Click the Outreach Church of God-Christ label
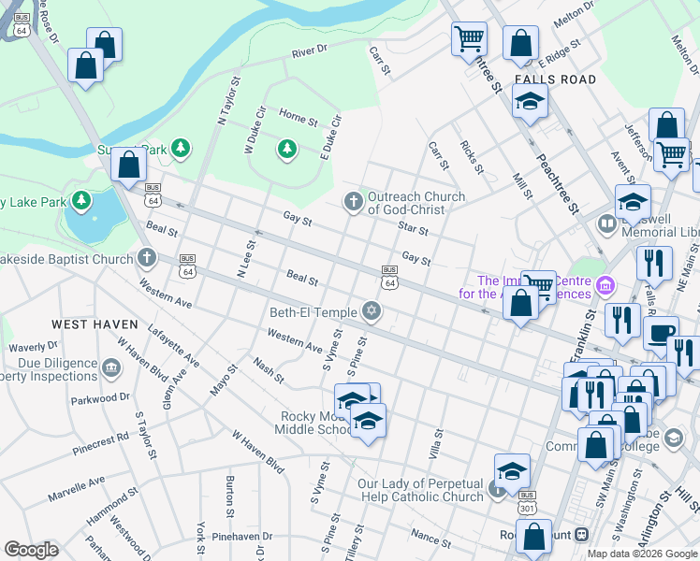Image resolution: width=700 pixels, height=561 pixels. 416,203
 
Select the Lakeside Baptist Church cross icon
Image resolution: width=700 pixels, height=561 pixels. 146,258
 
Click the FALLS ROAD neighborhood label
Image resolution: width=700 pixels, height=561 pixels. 555,79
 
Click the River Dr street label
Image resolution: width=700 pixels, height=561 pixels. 310,50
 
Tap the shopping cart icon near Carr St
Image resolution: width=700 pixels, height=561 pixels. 469,38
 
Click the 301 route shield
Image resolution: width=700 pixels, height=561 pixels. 527,506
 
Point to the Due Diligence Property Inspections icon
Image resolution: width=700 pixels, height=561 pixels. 112,367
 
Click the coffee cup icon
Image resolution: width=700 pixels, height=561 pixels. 662,333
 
